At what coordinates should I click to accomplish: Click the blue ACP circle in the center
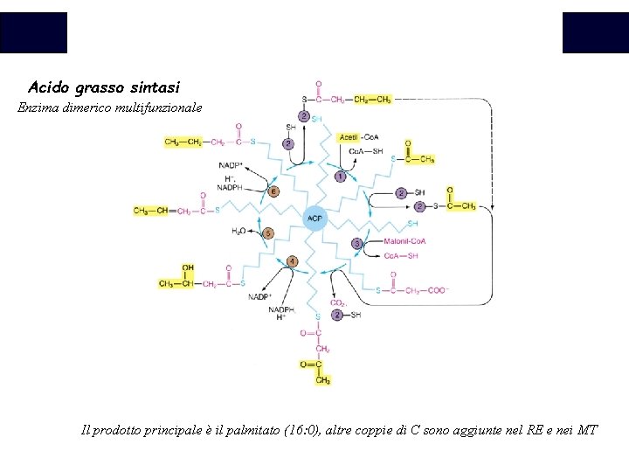(x=315, y=218)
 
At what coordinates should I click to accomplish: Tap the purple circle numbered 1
(x=340, y=177)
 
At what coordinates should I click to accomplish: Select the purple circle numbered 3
(x=356, y=243)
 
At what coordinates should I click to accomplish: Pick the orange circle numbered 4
(x=293, y=261)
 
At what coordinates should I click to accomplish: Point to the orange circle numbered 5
(x=268, y=233)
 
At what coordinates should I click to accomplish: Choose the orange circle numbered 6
(x=273, y=191)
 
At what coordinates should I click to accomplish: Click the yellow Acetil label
(x=349, y=137)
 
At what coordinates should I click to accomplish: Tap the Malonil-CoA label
(x=404, y=241)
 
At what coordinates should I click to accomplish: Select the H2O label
(x=239, y=231)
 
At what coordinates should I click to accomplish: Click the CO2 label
(x=337, y=302)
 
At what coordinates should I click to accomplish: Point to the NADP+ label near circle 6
(x=232, y=165)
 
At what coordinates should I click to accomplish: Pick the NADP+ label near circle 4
(x=260, y=296)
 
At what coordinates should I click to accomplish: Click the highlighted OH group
(x=188, y=267)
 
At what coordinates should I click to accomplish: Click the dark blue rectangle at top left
(x=33, y=32)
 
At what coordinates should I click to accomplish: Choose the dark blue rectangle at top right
(x=595, y=32)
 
